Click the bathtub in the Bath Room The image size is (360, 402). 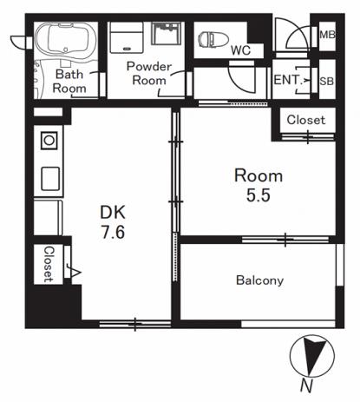66,40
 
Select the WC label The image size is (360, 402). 240,50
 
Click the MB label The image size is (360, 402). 327,35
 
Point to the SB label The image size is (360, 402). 327,82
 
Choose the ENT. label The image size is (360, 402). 288,80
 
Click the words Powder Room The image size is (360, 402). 149,74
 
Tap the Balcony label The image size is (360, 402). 259,280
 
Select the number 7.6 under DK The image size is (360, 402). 113,232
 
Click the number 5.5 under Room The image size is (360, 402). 259,194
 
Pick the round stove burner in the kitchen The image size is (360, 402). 49,141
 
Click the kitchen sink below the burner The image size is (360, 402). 50,179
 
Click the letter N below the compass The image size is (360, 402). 306,386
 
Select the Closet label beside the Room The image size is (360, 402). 306,120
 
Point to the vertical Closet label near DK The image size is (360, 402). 49,264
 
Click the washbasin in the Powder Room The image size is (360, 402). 167,33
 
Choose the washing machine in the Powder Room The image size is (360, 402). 127,37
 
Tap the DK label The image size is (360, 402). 113,213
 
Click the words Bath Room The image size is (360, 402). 69,82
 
